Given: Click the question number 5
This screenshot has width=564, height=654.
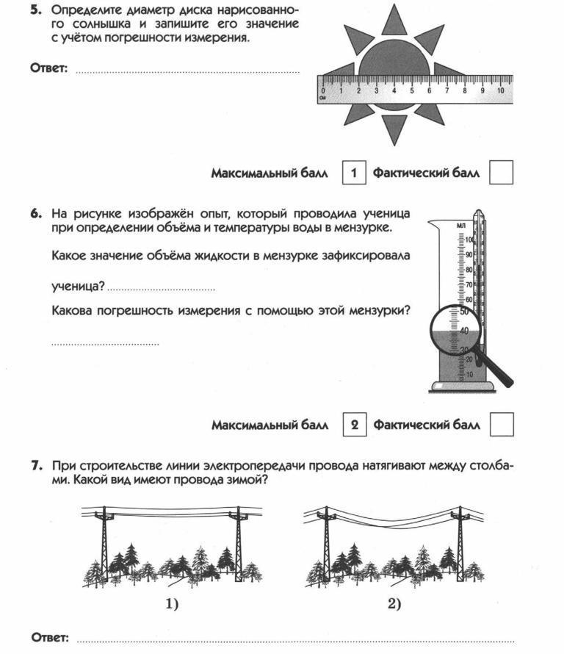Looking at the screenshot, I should click(35, 10).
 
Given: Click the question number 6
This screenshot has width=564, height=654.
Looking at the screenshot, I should click(35, 214).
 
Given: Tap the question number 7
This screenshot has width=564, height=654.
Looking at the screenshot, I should click(35, 465).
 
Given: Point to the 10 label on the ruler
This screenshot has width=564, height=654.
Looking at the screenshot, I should click(499, 90).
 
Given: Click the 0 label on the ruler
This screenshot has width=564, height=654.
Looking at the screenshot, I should click(323, 90).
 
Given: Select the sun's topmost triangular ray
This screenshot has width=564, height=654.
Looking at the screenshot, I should click(394, 20).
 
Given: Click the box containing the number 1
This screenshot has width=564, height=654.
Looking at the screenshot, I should click(354, 173).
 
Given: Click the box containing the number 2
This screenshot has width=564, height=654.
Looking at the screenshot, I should click(354, 425).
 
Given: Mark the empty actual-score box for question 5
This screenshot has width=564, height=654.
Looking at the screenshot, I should click(501, 173).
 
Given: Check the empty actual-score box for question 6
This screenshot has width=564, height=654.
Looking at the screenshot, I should click(501, 425).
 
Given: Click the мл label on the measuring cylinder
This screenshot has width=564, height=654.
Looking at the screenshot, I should click(461, 225).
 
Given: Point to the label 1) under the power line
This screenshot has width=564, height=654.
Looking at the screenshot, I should click(171, 604).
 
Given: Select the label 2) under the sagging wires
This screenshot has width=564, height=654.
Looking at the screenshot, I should click(394, 604).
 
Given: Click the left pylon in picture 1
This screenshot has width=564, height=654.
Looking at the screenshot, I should click(104, 544).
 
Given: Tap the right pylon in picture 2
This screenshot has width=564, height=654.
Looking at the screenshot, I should click(460, 544).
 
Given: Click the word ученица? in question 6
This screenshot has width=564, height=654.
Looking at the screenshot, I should click(78, 285).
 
